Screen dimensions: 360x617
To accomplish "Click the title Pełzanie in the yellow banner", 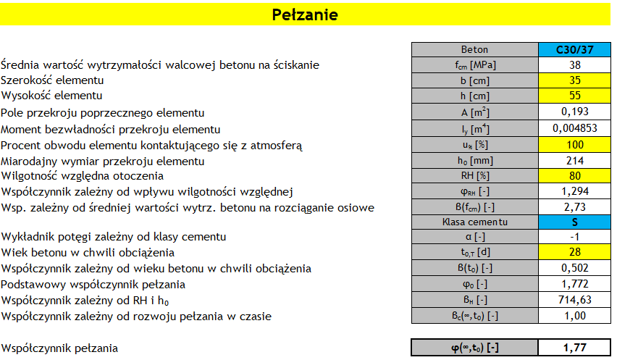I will click(x=304, y=14).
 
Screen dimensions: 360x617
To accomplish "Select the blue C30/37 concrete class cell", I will click(x=574, y=50).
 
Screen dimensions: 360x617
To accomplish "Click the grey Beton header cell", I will click(x=474, y=50).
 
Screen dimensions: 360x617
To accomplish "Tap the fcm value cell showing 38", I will click(x=574, y=64).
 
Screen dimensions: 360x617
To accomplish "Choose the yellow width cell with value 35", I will click(x=574, y=80).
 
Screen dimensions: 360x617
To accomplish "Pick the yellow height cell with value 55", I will click(x=574, y=96).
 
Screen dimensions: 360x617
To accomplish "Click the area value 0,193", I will click(x=574, y=112).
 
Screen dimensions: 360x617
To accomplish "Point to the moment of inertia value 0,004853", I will click(x=574, y=128).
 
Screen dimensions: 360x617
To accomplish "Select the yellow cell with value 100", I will click(x=574, y=144).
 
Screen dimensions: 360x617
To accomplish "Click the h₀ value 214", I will click(x=574, y=160).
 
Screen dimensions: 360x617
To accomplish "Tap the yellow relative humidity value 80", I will click(x=574, y=175).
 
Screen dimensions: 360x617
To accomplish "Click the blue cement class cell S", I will click(x=574, y=222).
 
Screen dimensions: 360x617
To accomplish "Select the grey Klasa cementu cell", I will click(x=474, y=222).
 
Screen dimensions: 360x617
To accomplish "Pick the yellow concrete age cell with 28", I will click(x=574, y=253).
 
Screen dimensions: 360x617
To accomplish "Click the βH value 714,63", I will click(x=574, y=301).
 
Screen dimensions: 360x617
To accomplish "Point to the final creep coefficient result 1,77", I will click(x=574, y=348).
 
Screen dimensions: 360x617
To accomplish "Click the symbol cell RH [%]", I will click(x=474, y=175).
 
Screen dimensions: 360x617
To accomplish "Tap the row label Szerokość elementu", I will click(x=52, y=80).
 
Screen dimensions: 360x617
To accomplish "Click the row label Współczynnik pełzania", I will click(x=59, y=348).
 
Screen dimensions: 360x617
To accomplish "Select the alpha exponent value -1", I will click(x=574, y=237).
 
